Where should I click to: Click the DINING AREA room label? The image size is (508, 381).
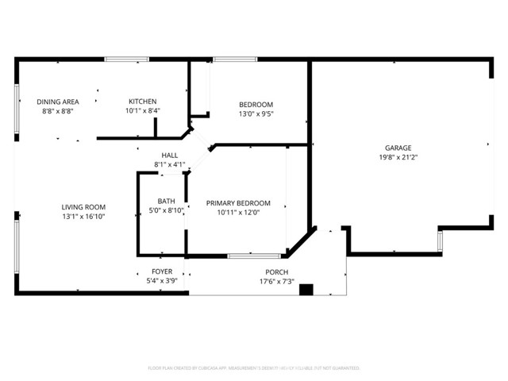click(58, 102)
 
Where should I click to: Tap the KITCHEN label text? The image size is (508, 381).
click(143, 102)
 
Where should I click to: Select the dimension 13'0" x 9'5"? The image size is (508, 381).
click(256, 114)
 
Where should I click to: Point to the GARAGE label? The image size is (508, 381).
click(398, 148)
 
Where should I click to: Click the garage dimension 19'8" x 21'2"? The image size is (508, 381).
click(398, 157)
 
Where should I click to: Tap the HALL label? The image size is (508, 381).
click(170, 155)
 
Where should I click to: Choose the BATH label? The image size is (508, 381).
click(167, 201)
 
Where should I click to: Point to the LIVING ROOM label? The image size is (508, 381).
click(84, 206)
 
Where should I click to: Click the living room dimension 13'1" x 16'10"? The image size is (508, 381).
click(84, 216)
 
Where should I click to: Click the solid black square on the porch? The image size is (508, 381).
click(306, 290)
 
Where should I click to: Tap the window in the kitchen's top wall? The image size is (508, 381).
click(127, 59)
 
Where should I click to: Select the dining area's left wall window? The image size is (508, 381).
click(17, 102)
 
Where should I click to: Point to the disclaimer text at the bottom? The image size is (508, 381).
click(254, 368)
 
